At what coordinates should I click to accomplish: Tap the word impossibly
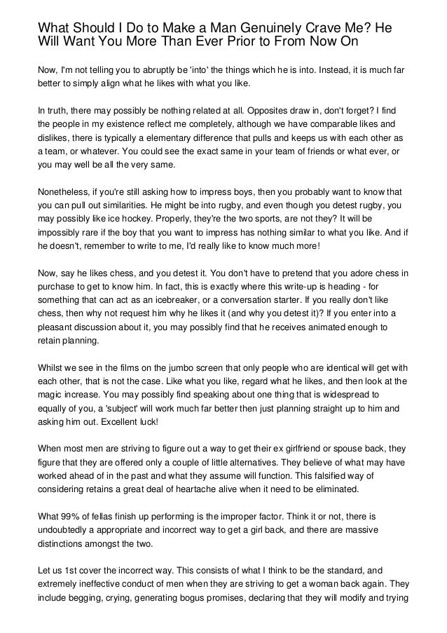(x=62, y=233)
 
